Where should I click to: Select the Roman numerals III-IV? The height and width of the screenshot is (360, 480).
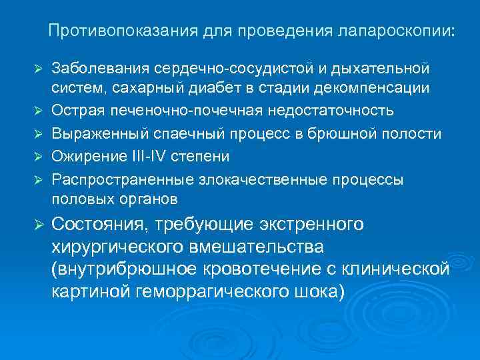(x=150, y=157)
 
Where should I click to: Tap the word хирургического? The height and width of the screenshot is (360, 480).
(x=118, y=247)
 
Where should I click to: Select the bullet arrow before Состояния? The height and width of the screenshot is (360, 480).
(x=39, y=226)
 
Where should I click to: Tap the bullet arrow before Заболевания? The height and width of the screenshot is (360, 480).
(x=39, y=69)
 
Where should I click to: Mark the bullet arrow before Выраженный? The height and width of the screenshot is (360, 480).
(x=39, y=134)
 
